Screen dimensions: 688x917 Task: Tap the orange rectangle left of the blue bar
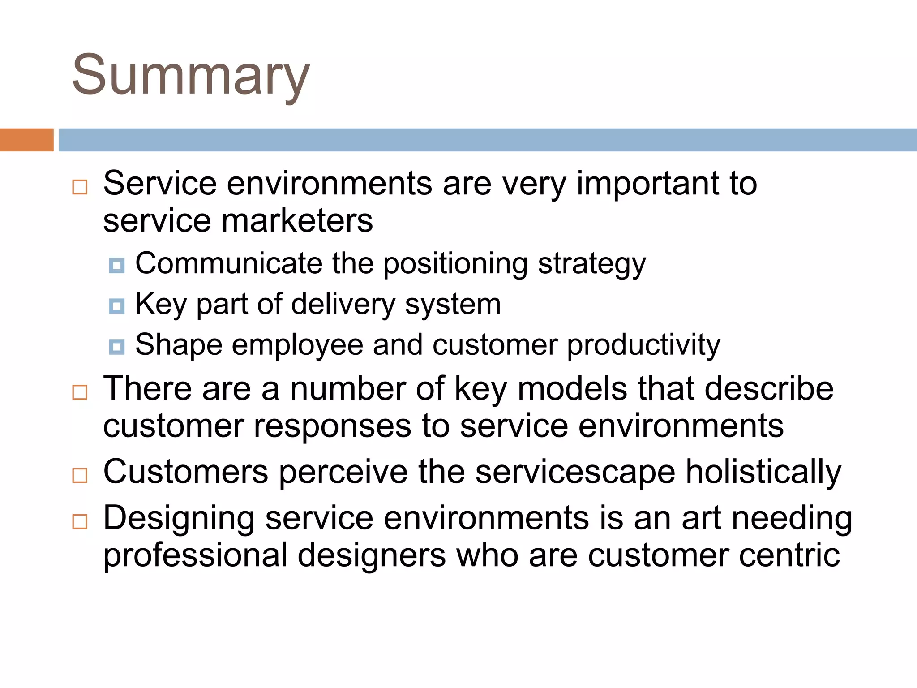click(26, 140)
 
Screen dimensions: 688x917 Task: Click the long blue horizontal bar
click(487, 140)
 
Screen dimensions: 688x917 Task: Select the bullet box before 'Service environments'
click(80, 187)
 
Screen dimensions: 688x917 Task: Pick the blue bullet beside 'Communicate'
click(117, 266)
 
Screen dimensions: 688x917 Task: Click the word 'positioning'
click(455, 264)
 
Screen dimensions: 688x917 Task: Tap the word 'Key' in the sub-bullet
click(161, 305)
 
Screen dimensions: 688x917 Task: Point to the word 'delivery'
click(343, 305)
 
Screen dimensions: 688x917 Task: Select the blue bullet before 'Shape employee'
click(117, 347)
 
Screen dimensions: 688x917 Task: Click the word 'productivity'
click(643, 345)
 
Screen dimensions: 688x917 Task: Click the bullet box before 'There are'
click(80, 392)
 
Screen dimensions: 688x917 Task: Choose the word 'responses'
click(332, 426)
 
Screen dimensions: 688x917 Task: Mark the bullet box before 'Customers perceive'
click(80, 475)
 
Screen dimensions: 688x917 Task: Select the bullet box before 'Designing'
click(80, 521)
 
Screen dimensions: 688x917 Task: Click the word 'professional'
click(195, 555)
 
